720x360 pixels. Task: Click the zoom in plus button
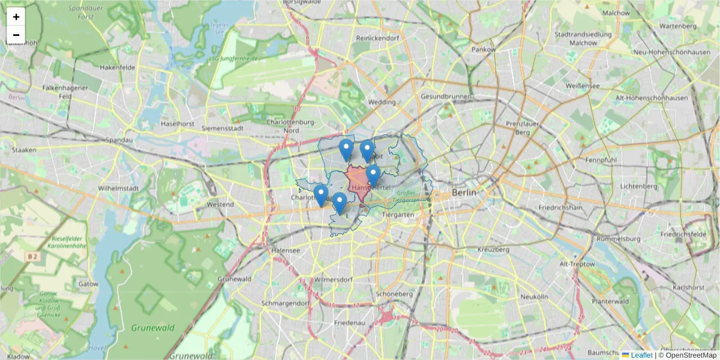click(x=16, y=17)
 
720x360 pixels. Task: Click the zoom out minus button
click(x=16, y=35)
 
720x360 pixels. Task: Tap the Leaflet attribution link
click(x=641, y=355)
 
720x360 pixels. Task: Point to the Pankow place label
click(x=484, y=49)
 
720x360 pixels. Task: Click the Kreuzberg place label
click(x=493, y=249)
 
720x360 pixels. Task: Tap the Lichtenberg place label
click(x=640, y=186)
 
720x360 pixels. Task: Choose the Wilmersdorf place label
click(x=332, y=279)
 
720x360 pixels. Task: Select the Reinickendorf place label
click(x=377, y=38)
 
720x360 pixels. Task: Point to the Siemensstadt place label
click(x=222, y=128)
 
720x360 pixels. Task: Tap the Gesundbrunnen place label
click(x=446, y=96)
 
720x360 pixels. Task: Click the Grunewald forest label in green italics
click(x=153, y=328)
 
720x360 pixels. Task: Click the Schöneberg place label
click(x=394, y=294)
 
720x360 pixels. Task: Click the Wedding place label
click(x=382, y=102)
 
